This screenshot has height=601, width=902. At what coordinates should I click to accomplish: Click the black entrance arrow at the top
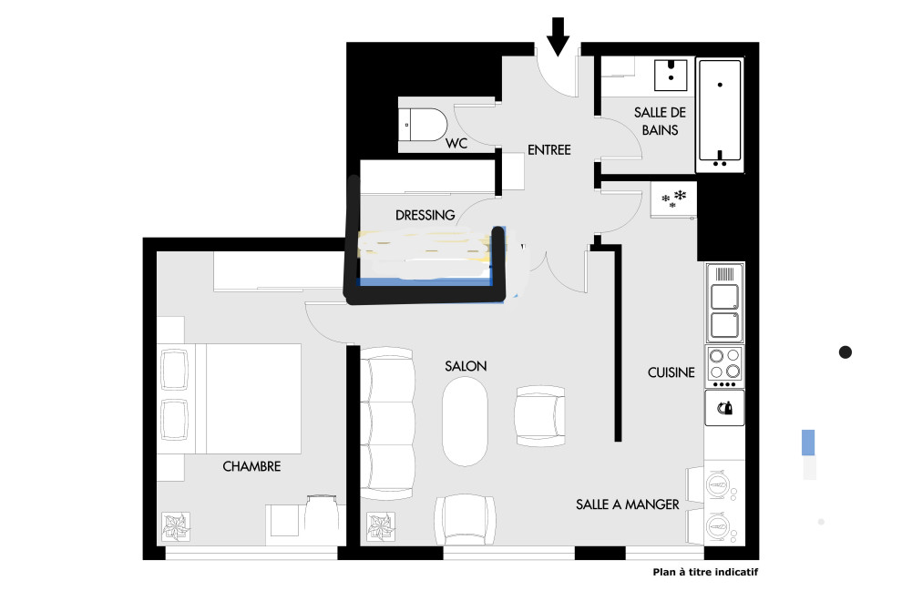coord(558,36)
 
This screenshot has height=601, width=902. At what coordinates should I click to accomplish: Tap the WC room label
coord(456,143)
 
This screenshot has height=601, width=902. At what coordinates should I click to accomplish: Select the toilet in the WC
coord(424,124)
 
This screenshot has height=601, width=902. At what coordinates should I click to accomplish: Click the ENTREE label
coord(549,150)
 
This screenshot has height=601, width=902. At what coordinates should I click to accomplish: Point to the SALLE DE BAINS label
coord(660,121)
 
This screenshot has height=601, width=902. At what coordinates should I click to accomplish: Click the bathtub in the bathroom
coord(720,115)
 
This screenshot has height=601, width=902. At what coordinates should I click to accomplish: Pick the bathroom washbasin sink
coord(671,75)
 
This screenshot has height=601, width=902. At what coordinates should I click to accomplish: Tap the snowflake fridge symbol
coord(673,199)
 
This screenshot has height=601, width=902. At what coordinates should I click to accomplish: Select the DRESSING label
coord(425,215)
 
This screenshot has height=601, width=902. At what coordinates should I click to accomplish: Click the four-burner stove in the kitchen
coord(725,366)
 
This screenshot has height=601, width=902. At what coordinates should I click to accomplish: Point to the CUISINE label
coord(671,372)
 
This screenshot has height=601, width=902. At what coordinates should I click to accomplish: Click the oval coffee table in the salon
coord(465,424)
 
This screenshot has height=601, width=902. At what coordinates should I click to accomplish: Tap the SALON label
coord(466,366)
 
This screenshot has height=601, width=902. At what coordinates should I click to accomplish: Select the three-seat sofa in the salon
coord(387,423)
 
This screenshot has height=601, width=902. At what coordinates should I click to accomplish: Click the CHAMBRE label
coord(252,466)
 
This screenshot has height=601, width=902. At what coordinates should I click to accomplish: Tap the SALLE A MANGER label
coord(628,504)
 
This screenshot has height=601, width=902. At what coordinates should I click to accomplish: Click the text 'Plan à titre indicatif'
coord(705,572)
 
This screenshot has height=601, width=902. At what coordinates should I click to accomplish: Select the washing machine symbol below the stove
coord(725,408)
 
